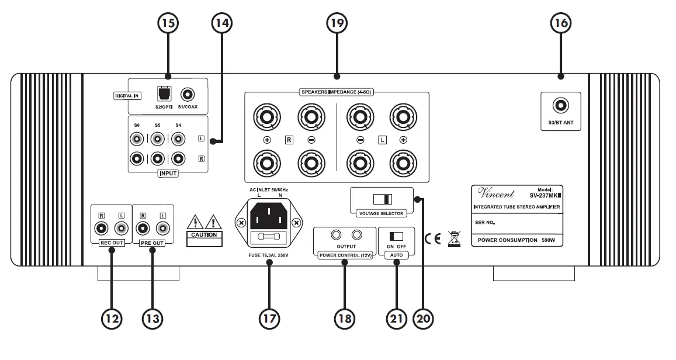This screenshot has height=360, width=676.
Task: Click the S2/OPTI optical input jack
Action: pyautogui.click(x=162, y=93)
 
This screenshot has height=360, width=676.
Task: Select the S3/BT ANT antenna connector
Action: pyautogui.click(x=561, y=105)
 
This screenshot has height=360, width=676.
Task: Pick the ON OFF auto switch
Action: pyautogui.click(x=396, y=236)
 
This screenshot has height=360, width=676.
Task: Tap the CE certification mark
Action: pyautogui.click(x=433, y=238)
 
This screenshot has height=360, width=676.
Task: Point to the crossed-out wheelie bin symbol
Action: pyautogui.click(x=453, y=238)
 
